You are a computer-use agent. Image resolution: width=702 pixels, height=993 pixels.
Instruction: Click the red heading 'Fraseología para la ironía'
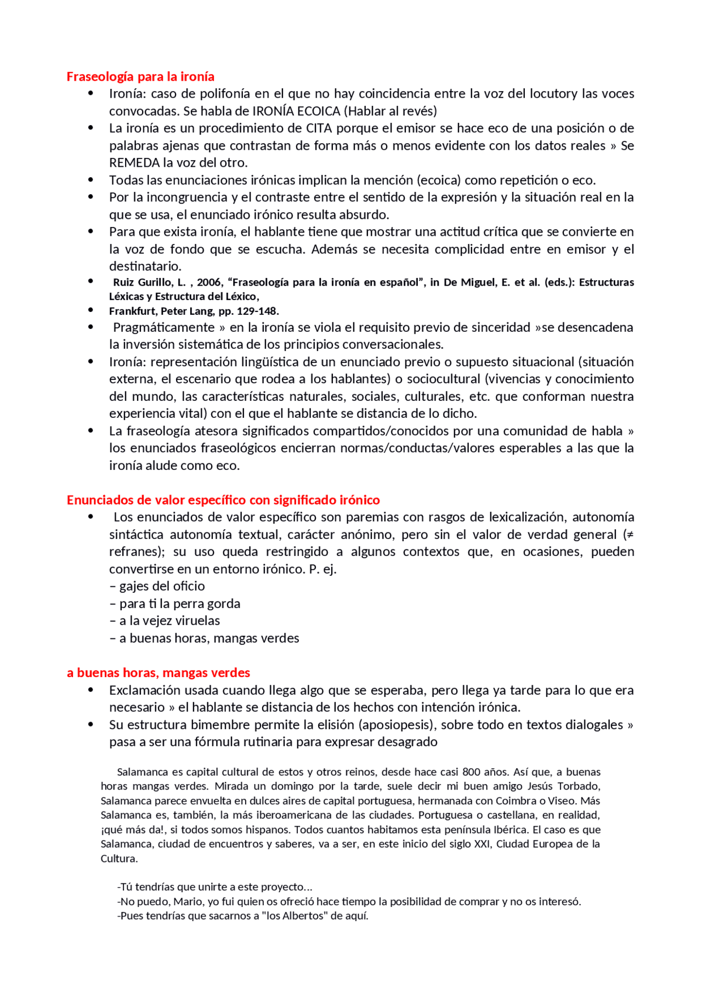[x=140, y=76]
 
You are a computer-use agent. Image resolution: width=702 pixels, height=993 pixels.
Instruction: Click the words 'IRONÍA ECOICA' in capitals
[x=296, y=111]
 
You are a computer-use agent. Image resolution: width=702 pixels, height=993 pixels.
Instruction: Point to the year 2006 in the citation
[x=209, y=282]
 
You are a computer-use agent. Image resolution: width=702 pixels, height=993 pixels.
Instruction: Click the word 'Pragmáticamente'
[x=163, y=327]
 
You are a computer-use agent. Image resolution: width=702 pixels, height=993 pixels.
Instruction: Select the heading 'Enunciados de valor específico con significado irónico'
[x=223, y=500]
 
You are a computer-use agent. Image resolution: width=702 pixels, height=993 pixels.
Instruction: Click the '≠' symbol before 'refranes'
[x=630, y=535]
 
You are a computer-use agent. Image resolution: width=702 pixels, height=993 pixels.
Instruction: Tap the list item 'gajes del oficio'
[x=162, y=586]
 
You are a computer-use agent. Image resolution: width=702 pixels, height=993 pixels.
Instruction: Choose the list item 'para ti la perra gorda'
[x=179, y=604]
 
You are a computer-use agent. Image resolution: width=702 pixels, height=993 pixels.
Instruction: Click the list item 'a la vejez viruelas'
[x=169, y=621]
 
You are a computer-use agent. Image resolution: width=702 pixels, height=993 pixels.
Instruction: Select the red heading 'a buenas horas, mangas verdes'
[x=158, y=672]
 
